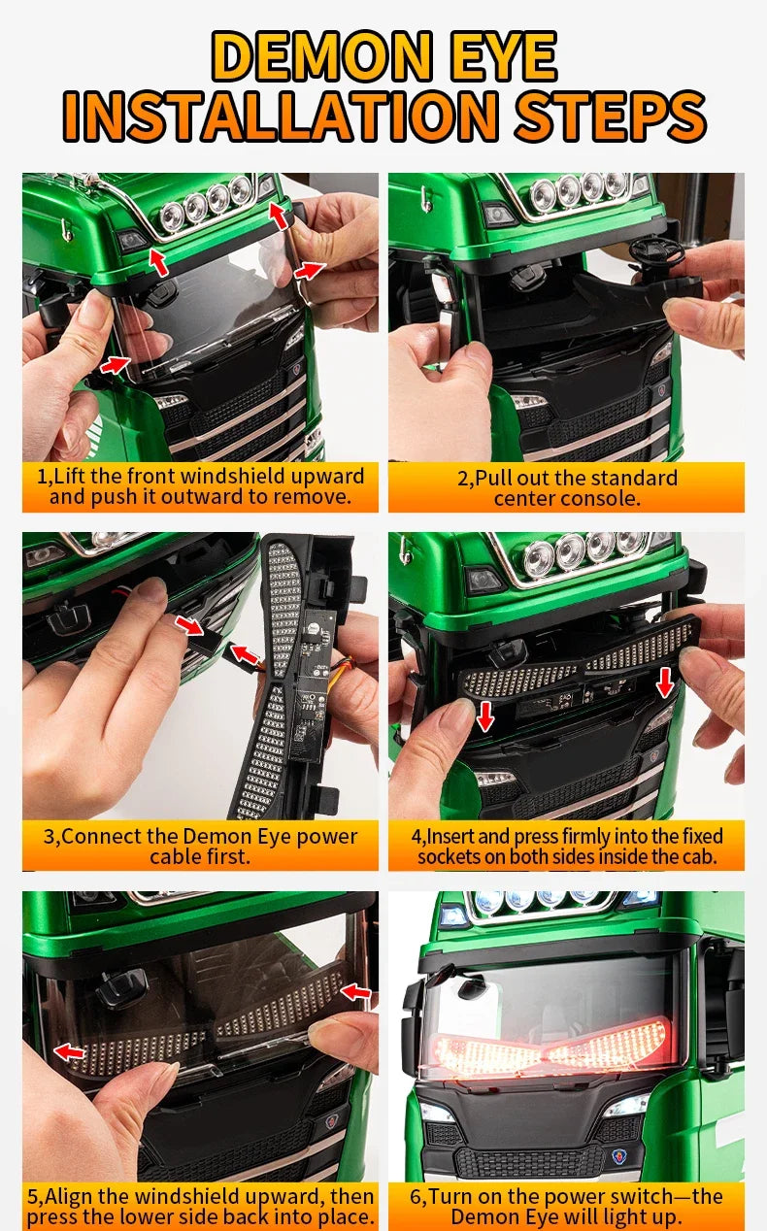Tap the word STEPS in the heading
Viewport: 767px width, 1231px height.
pyautogui.click(x=610, y=116)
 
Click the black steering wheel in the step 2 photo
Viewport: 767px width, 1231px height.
pyautogui.click(x=656, y=250)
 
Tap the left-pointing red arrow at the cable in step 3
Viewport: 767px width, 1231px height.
pyautogui.click(x=245, y=654)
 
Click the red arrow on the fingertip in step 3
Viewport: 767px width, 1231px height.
pyautogui.click(x=189, y=625)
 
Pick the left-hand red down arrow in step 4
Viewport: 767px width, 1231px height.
pyautogui.click(x=484, y=716)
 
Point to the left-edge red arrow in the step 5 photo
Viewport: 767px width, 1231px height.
pyautogui.click(x=70, y=1051)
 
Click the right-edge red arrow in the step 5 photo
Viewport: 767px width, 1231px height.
pyautogui.click(x=356, y=991)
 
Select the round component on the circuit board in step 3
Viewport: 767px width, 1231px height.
pyautogui.click(x=314, y=627)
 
